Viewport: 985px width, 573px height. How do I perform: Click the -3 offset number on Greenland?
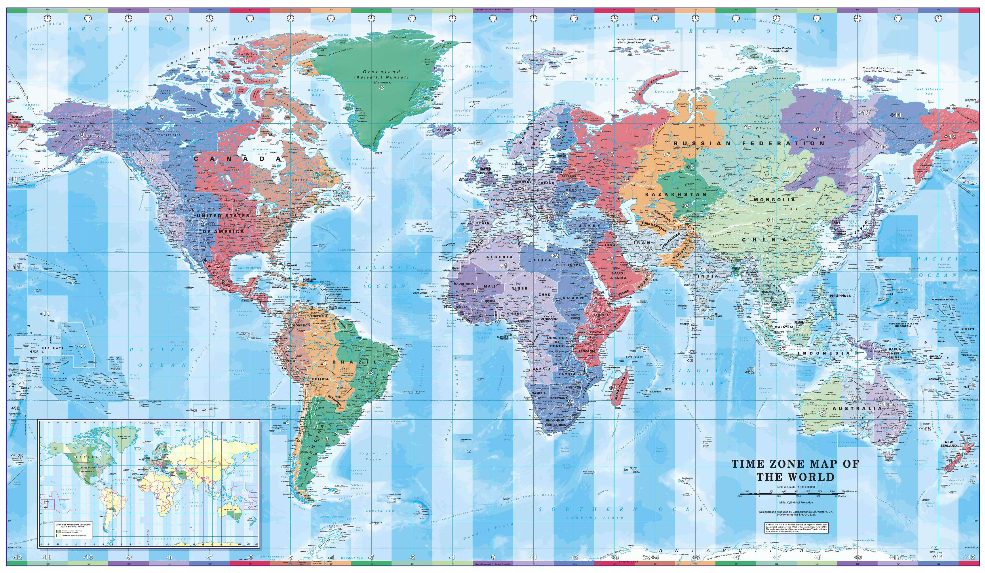(x=381, y=88)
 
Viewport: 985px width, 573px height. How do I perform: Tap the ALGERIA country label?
(x=499, y=257)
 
